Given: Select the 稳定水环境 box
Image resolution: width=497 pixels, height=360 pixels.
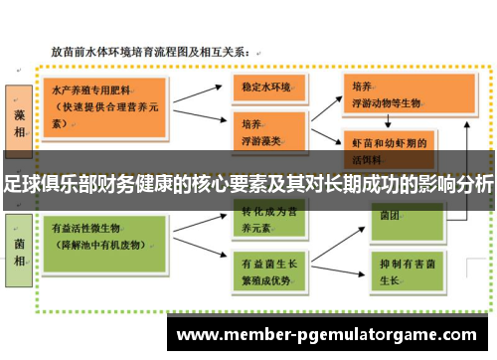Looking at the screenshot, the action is click(x=266, y=88).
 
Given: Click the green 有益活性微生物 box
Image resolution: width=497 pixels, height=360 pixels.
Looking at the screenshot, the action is click(x=98, y=236).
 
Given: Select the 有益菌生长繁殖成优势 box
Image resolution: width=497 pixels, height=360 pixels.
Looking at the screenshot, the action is click(x=266, y=270).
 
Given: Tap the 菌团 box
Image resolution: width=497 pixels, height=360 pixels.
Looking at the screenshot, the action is click(x=385, y=214).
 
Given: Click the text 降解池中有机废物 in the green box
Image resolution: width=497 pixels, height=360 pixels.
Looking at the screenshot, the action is click(x=103, y=244).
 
